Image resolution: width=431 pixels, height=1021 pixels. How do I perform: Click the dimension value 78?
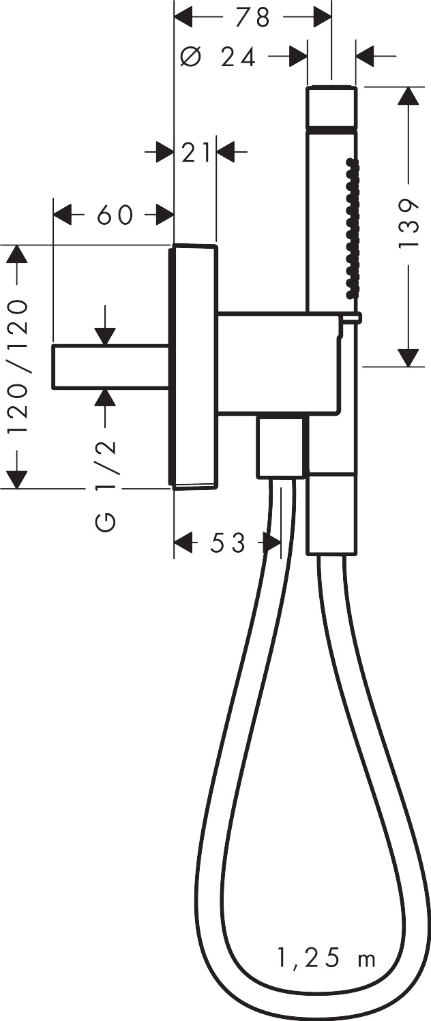(253, 17)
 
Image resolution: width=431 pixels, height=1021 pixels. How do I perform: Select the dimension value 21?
(196, 153)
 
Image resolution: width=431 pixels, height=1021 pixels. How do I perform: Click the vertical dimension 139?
(408, 225)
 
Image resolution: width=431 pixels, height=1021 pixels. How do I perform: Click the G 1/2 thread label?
(105, 485)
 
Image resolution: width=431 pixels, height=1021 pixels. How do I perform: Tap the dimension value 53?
(227, 543)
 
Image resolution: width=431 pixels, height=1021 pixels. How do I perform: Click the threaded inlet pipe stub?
(111, 367)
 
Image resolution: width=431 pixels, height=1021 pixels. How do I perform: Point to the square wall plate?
(194, 367)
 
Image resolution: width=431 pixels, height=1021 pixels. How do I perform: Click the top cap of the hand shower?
(331, 106)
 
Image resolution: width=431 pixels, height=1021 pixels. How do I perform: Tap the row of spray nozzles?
(351, 228)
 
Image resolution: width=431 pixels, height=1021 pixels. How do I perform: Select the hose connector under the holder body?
(280, 447)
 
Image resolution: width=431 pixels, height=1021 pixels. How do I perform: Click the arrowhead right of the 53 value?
(272, 543)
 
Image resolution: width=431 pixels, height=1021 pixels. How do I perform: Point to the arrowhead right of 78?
(321, 17)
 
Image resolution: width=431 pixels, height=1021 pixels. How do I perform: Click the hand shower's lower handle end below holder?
(331, 513)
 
